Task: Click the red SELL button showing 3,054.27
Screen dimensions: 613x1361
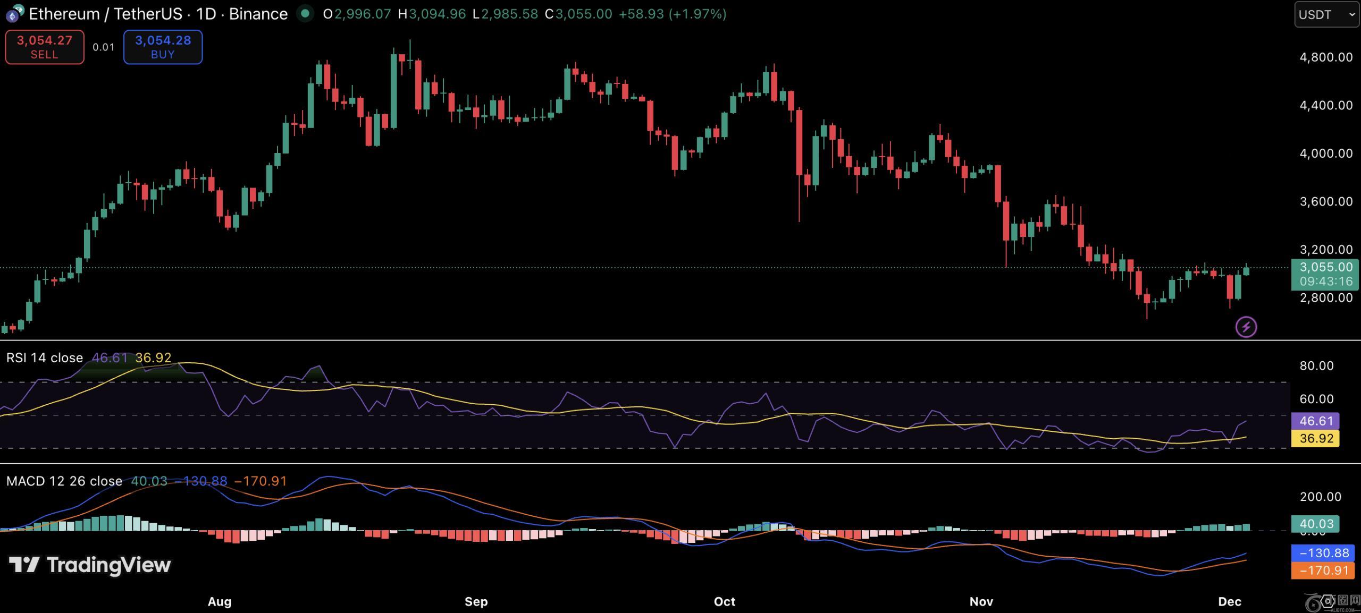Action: pos(45,47)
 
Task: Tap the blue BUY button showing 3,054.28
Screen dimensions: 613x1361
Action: pos(163,47)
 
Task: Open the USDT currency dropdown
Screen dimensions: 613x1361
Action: pos(1326,14)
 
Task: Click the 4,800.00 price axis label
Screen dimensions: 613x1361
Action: pos(1326,57)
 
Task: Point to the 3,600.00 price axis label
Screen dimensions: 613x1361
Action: pos(1326,201)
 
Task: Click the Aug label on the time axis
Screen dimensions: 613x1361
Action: pos(220,601)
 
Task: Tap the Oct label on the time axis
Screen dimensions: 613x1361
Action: pos(724,601)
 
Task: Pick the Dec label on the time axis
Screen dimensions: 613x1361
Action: pos(1229,601)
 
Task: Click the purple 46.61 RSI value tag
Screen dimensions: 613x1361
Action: pos(1316,421)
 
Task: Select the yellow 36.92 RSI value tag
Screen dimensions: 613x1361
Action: pos(1316,438)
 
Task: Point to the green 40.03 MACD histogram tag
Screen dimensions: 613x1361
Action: pos(1316,524)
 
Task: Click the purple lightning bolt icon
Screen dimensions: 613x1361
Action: pos(1246,327)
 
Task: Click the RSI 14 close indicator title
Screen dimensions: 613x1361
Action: pos(45,357)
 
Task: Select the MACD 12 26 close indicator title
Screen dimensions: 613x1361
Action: pos(64,481)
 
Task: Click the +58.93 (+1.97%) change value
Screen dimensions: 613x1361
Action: pos(672,14)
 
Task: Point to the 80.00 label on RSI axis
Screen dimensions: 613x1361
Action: pos(1316,365)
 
